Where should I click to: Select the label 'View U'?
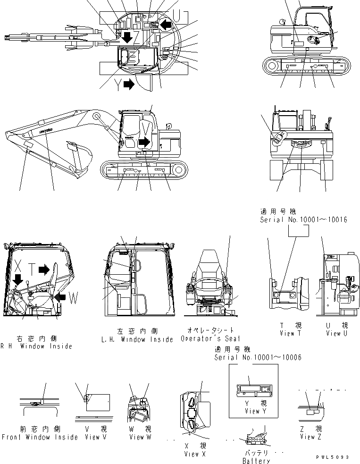337,333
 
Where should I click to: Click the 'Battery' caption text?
256,461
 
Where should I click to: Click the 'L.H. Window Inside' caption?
137,339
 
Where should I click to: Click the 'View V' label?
93,437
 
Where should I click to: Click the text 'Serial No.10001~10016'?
303,220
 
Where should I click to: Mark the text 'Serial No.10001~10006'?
258,357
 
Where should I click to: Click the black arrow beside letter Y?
128,84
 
